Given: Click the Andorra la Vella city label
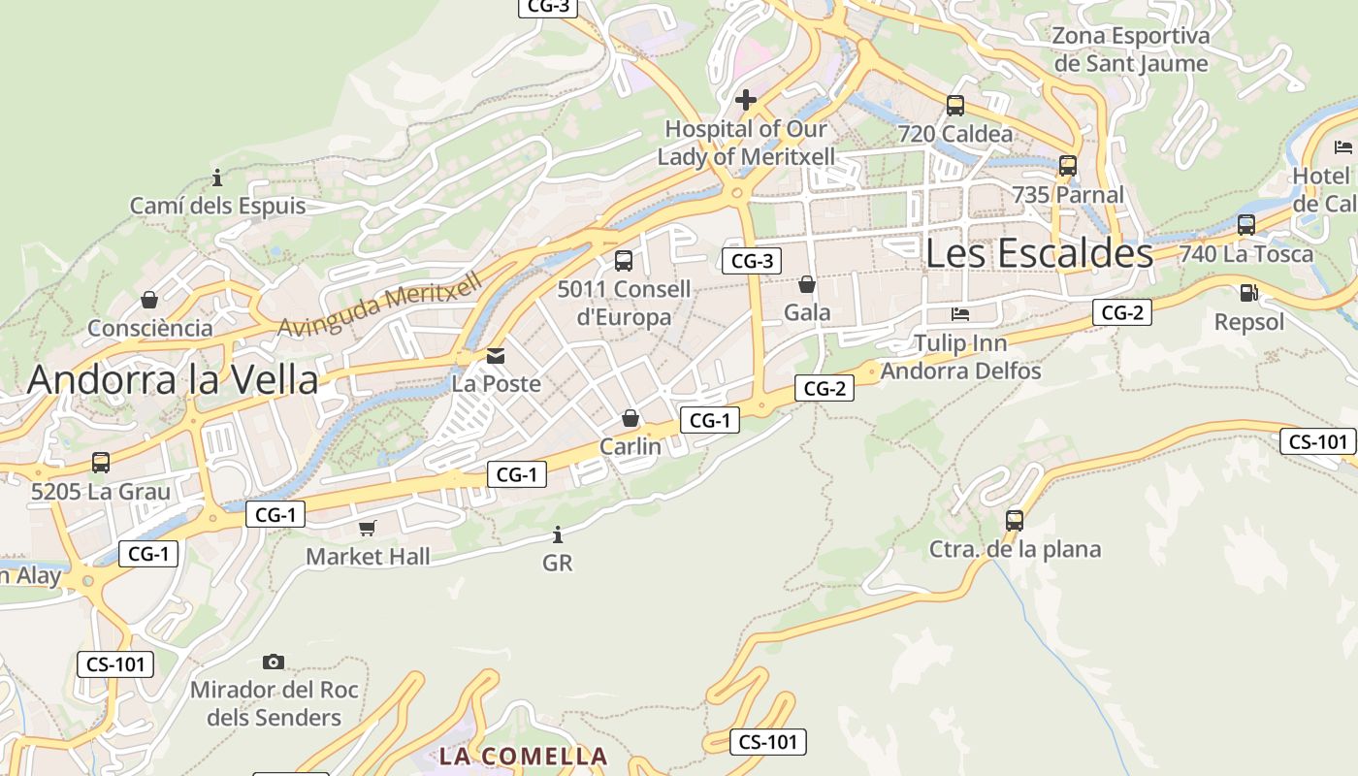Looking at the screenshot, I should tap(173, 379).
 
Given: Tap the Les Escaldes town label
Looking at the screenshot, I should tap(1039, 253).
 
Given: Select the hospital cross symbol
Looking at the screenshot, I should tap(746, 100).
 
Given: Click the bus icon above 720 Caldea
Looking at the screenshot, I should tap(955, 106).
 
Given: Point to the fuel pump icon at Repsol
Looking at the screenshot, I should tap(1249, 293).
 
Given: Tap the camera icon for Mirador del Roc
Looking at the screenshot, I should tap(274, 662).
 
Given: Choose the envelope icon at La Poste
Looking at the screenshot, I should tap(497, 356).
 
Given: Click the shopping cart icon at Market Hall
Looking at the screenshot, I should tap(368, 528).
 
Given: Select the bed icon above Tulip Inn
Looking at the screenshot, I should tap(960, 314).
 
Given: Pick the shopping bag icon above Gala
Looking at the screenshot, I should tap(806, 284).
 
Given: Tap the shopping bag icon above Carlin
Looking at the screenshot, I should tap(630, 418).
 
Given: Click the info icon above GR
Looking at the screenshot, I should tap(557, 534).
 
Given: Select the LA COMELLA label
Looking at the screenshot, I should tap(524, 757).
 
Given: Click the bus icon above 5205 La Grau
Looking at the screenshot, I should tap(101, 463).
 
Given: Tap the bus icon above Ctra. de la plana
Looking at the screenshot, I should tap(1015, 521).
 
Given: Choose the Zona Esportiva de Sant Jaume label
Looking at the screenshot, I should tap(1131, 49).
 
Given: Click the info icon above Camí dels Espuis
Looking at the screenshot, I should tap(217, 178).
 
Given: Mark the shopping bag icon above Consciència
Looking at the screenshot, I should tap(149, 300).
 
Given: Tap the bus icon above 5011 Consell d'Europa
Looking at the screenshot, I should tap(624, 261).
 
